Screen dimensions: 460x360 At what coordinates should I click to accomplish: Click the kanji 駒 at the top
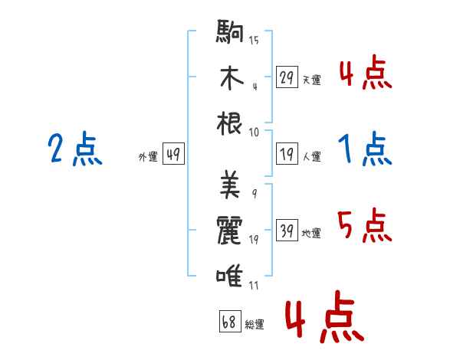point(230,31)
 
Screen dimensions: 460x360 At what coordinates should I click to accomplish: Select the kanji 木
point(232,77)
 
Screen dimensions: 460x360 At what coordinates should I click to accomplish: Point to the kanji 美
point(230,184)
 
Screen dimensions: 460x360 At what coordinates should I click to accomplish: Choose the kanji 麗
point(229,230)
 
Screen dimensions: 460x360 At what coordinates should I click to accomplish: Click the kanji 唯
point(229,276)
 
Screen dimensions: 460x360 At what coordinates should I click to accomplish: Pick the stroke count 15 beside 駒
point(254,40)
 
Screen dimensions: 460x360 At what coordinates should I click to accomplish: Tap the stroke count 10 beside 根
point(254,133)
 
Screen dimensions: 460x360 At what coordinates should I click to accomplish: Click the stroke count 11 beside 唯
point(254,285)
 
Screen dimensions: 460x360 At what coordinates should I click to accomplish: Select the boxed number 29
point(287,77)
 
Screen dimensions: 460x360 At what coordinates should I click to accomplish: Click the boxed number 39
point(287,230)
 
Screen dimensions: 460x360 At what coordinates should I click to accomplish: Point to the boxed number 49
point(173,153)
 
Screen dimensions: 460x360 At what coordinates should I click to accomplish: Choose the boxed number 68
point(230,321)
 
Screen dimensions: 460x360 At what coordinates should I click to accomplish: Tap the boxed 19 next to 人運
point(287,153)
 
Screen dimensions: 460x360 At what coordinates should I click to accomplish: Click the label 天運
point(312,80)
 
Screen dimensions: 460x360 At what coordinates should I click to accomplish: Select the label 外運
point(148,156)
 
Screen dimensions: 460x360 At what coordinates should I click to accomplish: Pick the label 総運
point(255,324)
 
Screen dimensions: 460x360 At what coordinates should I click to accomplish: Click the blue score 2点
point(75,149)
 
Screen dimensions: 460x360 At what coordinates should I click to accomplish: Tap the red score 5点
point(365,225)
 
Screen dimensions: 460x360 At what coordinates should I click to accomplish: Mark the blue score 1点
point(365,149)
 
